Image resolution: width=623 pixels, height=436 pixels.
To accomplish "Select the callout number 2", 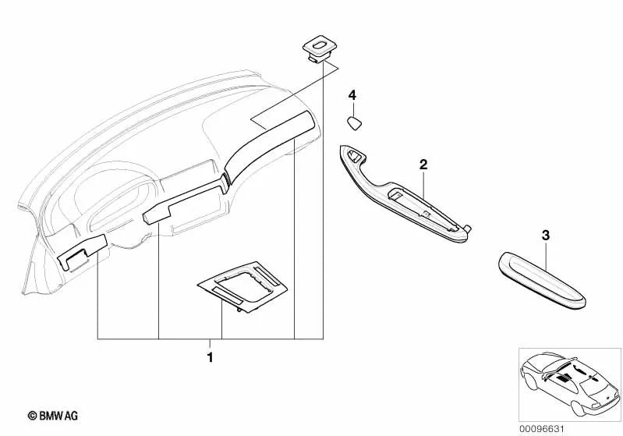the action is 423,164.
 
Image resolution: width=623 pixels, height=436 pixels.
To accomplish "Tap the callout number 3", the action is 546,233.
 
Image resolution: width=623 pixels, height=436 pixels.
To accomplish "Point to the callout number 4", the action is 352,95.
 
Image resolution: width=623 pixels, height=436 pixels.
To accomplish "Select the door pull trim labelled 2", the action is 405,199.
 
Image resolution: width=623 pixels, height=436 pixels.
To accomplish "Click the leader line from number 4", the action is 352,107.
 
